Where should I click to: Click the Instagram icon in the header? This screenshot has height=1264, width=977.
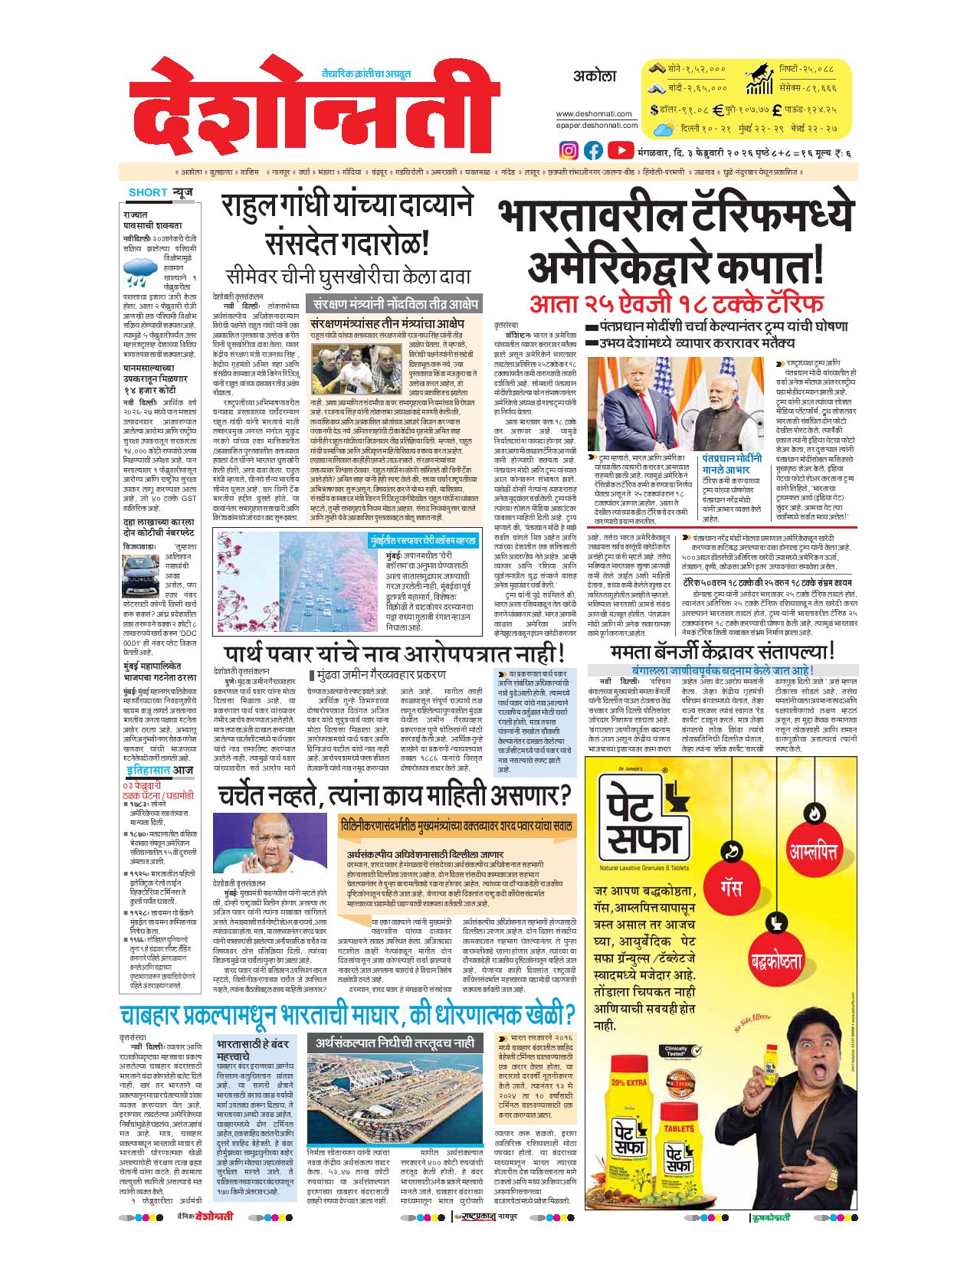click(x=569, y=150)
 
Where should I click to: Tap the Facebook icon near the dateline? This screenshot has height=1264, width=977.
click(x=594, y=150)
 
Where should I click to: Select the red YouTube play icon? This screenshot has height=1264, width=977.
click(x=621, y=150)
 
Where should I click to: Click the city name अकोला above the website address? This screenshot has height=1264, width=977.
click(x=594, y=77)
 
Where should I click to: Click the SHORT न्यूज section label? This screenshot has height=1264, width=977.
click(x=161, y=192)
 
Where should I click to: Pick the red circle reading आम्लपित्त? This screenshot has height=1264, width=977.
click(x=812, y=852)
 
